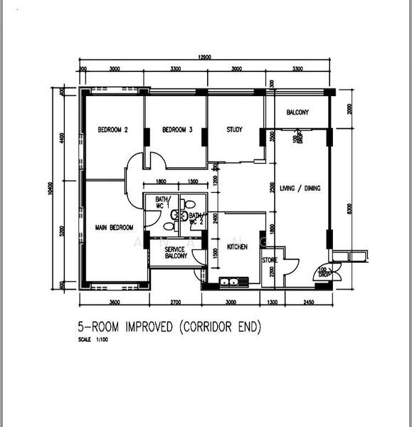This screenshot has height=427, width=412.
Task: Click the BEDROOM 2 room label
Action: click(112, 130)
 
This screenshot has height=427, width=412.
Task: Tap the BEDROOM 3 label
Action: click(177, 130)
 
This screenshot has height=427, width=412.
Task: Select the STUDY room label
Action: click(234, 130)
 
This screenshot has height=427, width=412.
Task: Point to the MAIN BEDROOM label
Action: click(114, 228)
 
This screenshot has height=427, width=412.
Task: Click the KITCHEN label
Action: click(237, 246)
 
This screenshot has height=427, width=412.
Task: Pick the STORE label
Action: click(269, 260)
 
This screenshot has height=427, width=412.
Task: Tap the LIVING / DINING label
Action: click(300, 188)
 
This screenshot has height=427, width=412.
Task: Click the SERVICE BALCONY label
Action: click(175, 253)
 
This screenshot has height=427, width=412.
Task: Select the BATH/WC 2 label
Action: click(197, 217)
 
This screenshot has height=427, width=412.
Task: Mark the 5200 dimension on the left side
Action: click(63, 231)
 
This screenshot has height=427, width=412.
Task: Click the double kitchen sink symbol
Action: click(229, 282)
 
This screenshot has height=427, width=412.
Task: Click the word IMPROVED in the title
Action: click(149, 327)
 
